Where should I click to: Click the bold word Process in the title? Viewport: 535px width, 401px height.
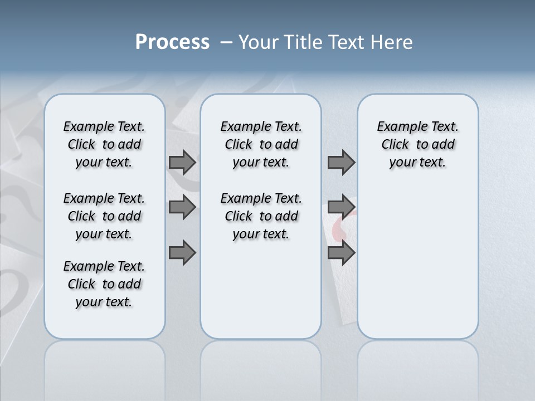coord(172,42)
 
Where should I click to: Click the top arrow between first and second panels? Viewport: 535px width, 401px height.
coord(182,162)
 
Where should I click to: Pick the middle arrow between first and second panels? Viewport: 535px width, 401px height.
coord(182,207)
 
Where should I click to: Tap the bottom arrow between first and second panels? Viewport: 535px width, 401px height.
coord(182,252)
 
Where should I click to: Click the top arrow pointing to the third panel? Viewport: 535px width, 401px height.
coord(341,162)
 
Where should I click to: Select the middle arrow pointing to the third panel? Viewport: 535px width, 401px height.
coord(341,207)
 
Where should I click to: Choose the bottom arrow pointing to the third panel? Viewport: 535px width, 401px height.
coord(341,252)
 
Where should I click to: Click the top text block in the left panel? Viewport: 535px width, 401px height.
coord(104,144)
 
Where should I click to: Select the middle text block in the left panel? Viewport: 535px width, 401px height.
coord(104,216)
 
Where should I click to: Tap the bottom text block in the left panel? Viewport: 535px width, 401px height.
coord(104,284)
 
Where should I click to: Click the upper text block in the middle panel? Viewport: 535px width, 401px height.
coord(261,144)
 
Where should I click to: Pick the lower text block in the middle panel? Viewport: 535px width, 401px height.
coord(261,216)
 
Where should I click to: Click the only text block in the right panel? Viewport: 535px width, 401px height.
coord(417,144)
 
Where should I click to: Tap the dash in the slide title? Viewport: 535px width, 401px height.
coord(226,42)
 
